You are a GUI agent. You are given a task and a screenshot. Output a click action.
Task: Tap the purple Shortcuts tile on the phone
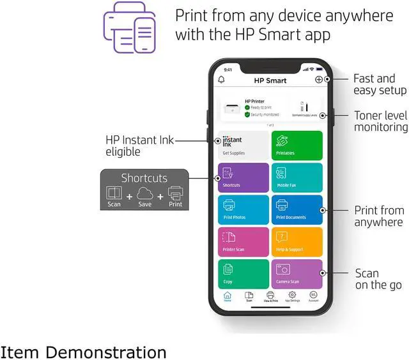tap(243, 177)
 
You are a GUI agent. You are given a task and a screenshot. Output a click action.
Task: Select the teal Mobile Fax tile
tap(297, 177)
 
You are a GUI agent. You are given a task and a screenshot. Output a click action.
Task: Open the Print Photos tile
tap(243, 210)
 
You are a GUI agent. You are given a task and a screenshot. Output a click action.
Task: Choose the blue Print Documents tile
tap(297, 210)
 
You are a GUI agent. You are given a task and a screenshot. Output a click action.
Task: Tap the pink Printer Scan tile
tap(243, 242)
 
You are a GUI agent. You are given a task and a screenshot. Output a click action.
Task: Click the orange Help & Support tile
tap(297, 242)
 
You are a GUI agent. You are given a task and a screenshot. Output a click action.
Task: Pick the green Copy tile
tap(243, 274)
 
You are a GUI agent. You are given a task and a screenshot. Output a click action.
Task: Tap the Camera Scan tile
tap(297, 274)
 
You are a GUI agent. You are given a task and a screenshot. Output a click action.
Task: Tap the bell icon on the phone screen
tap(222, 80)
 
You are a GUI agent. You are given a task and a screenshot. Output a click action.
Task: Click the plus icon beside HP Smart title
tap(319, 80)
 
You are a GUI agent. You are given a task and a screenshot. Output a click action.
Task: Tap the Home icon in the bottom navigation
tap(228, 296)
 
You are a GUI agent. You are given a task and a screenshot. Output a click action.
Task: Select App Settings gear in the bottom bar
tap(292, 296)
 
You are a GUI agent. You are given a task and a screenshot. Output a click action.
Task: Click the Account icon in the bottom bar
tap(313, 296)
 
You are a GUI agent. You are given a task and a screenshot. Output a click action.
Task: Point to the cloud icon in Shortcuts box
tap(144, 193)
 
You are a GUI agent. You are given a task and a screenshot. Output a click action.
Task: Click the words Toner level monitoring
tap(381, 121)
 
